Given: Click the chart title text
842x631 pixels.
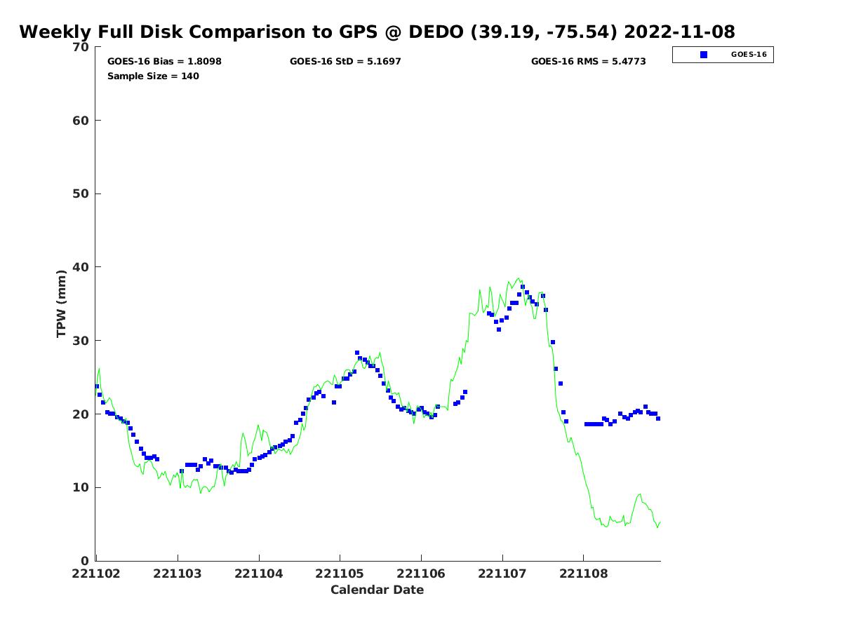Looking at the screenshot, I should (377, 32).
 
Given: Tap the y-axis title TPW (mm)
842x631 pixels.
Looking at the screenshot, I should (62, 304).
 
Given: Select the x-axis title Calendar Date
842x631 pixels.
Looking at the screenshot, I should (377, 590).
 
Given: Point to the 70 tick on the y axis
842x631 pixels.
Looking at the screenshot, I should (81, 47).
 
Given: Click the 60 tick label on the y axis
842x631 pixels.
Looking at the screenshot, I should (81, 121).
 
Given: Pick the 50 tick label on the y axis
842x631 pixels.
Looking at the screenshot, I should (81, 194).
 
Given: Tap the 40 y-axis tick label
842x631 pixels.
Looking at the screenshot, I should (81, 267).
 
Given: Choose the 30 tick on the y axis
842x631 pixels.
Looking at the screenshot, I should (81, 341).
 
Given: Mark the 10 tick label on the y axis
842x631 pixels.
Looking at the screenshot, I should (81, 487).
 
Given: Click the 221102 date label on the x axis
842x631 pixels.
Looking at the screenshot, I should (97, 574).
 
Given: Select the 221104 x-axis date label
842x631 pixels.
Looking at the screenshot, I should (259, 574).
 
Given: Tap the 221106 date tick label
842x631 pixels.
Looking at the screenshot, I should (421, 574).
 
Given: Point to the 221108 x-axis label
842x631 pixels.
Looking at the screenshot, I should (583, 574).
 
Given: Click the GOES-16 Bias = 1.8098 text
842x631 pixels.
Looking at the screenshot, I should (164, 62).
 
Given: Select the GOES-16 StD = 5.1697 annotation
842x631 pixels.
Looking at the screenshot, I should (345, 62).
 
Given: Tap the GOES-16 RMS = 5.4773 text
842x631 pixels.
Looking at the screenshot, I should (588, 62).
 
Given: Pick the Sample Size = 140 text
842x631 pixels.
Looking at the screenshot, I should (153, 76).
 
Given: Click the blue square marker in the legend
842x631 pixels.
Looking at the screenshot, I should (704, 55).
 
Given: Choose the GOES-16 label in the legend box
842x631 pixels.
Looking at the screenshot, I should (749, 55).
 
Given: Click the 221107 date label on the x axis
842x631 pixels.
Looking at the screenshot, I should (502, 574).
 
